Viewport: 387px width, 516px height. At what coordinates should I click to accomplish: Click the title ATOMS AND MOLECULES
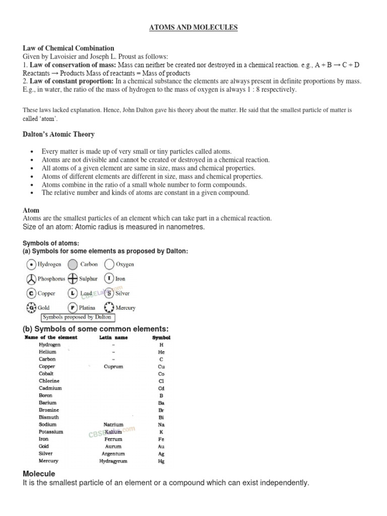tap(193, 28)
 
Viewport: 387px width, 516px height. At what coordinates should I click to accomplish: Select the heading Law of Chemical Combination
tap(69, 48)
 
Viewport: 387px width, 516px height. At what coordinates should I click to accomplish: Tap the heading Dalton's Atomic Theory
tap(58, 135)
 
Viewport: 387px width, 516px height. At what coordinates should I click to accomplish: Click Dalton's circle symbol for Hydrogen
tap(31, 264)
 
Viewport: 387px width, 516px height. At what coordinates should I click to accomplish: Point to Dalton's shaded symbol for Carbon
tap(73, 264)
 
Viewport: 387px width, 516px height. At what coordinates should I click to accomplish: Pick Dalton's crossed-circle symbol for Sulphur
tap(73, 279)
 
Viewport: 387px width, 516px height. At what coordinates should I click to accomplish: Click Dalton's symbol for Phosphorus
tap(31, 279)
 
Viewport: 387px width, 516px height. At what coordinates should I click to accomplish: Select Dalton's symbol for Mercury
tap(109, 307)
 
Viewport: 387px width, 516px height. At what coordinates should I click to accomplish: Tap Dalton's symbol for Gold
tap(31, 307)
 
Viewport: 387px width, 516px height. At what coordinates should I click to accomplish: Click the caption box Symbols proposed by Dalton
tap(77, 317)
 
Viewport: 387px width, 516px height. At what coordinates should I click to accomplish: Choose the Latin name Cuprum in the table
tap(113, 366)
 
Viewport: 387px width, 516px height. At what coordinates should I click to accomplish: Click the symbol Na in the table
tap(161, 425)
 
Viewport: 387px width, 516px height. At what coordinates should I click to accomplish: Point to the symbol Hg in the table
tap(161, 461)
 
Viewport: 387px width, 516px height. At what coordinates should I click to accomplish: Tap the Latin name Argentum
tap(113, 454)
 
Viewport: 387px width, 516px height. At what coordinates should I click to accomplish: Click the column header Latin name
tap(113, 337)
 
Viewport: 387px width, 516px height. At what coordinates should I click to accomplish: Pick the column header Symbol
tap(161, 337)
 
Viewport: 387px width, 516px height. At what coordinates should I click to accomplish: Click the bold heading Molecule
tap(39, 474)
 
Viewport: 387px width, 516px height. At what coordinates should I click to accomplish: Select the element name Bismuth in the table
tap(49, 417)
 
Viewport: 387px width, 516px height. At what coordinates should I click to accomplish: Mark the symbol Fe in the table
tap(161, 439)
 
